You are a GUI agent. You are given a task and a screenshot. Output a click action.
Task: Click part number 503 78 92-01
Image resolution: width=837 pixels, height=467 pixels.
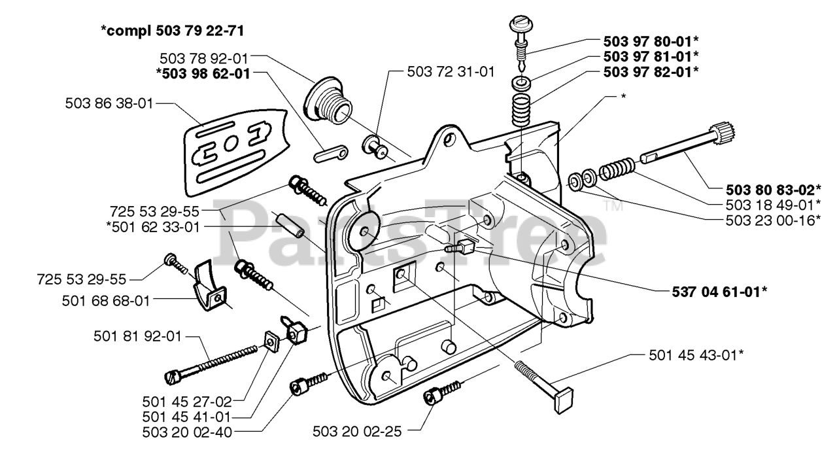pyautogui.click(x=204, y=59)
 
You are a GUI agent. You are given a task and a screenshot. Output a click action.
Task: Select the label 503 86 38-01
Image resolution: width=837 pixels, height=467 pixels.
pyautogui.click(x=109, y=103)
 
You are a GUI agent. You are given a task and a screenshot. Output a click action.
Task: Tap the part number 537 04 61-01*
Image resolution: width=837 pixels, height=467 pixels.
pyautogui.click(x=719, y=292)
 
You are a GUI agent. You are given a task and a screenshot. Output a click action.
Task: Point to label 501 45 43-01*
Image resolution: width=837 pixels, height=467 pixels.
pyautogui.click(x=696, y=355)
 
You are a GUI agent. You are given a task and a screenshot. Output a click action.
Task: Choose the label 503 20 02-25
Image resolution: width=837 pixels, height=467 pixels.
pyautogui.click(x=357, y=432)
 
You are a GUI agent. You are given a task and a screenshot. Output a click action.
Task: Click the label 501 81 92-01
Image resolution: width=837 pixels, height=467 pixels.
pyautogui.click(x=137, y=336)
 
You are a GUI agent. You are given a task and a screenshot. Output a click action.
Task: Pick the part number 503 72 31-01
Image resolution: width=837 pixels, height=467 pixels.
pyautogui.click(x=451, y=72)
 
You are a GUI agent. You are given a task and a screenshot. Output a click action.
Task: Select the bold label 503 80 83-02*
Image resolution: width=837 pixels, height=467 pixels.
pyautogui.click(x=774, y=190)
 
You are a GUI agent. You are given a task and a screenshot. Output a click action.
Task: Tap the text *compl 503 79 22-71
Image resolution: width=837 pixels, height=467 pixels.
pyautogui.click(x=172, y=31)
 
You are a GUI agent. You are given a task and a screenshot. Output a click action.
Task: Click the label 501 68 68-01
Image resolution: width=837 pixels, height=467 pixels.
pyautogui.click(x=106, y=301)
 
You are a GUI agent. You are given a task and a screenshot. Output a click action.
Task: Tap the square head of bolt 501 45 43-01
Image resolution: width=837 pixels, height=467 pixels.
pyautogui.click(x=563, y=400)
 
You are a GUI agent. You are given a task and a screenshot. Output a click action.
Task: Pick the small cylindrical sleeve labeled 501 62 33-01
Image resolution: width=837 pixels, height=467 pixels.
pyautogui.click(x=290, y=224)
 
